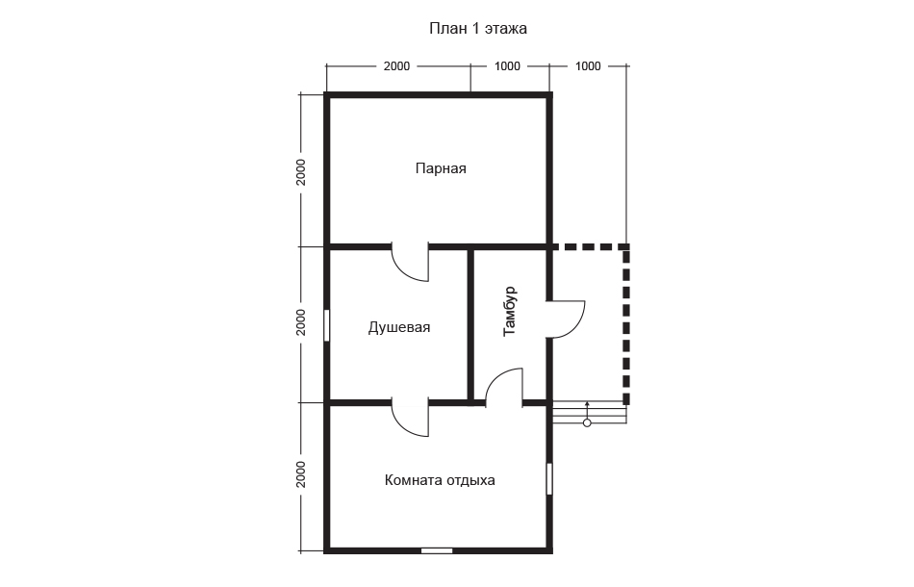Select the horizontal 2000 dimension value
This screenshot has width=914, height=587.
click(x=396, y=66)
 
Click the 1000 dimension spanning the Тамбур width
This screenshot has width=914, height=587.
click(x=507, y=66)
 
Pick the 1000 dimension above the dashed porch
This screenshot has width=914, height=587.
click(x=588, y=66)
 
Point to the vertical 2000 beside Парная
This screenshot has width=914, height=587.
click(x=301, y=172)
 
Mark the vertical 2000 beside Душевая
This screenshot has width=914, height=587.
click(x=301, y=322)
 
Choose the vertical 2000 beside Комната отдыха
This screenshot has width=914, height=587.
click(x=301, y=474)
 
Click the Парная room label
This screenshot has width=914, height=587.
click(x=441, y=168)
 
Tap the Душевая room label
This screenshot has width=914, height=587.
click(x=399, y=327)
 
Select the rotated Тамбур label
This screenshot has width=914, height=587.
click(x=510, y=311)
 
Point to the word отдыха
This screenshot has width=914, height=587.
click(x=471, y=481)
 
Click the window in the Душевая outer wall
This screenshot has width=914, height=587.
click(x=326, y=325)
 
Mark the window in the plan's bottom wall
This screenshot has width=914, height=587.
click(x=437, y=550)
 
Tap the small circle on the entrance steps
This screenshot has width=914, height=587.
click(x=587, y=423)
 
